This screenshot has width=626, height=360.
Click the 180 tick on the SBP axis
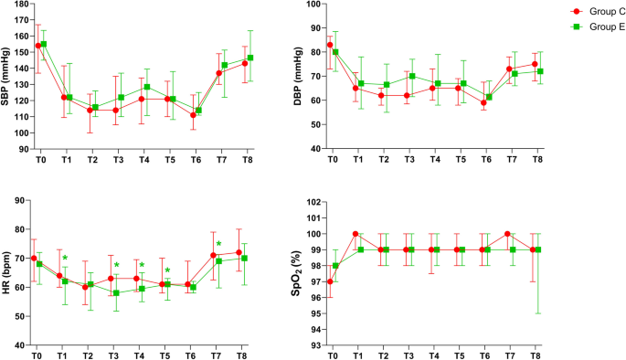pos(20,5)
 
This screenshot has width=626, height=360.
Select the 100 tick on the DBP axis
pos(314,5)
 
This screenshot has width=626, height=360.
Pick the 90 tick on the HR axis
pos(22,198)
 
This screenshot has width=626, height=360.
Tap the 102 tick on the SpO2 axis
pos(314,202)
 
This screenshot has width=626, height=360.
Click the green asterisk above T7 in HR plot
pos(219,244)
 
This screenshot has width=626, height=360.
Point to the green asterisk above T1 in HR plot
pos(65,258)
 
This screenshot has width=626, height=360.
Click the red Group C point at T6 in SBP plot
pos(194,115)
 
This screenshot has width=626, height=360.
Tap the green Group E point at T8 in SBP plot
pos(250,58)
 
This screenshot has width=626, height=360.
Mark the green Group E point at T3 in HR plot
pos(116,293)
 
